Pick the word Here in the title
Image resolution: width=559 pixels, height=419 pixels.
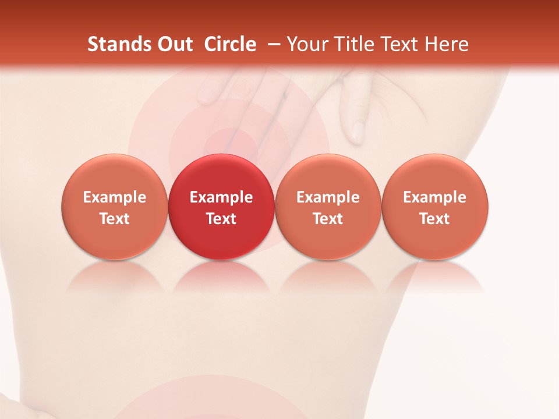click(x=447, y=44)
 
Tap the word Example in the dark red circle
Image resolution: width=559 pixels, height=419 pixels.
click(x=221, y=197)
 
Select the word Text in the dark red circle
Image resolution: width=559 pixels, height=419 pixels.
click(x=221, y=219)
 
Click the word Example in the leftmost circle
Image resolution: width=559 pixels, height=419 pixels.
click(x=115, y=197)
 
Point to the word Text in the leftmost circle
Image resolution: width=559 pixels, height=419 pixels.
click(x=115, y=219)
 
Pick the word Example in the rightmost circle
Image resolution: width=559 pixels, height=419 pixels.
click(x=435, y=197)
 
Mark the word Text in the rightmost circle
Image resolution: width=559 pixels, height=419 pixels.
click(x=435, y=219)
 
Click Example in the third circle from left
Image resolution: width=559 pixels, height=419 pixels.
click(x=328, y=197)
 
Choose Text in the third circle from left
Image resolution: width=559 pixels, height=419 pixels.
click(x=328, y=219)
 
